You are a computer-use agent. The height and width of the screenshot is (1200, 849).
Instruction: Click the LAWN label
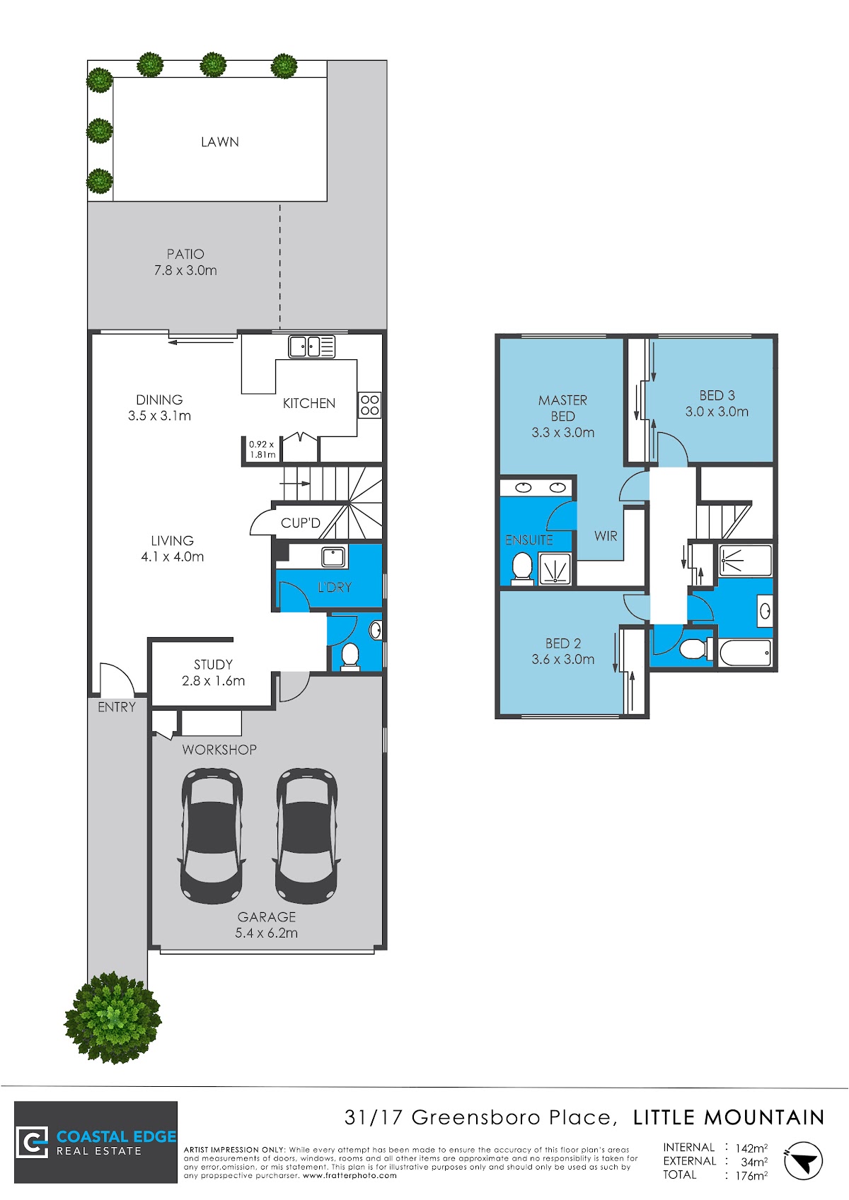click(x=220, y=142)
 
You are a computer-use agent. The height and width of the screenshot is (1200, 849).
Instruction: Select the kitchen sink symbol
click(x=311, y=346)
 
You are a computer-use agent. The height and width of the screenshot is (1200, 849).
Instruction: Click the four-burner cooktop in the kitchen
click(x=369, y=405)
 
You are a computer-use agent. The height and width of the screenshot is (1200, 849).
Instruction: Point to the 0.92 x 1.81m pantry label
click(x=262, y=450)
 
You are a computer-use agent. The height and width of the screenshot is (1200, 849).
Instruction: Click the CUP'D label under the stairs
click(x=300, y=523)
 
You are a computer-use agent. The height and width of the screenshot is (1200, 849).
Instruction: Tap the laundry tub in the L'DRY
click(x=333, y=557)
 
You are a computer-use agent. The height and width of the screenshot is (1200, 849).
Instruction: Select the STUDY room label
click(x=214, y=665)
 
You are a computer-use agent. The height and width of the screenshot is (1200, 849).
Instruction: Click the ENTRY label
click(x=116, y=707)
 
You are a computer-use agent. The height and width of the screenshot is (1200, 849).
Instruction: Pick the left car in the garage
click(x=212, y=837)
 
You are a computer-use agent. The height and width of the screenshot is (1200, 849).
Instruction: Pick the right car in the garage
click(x=306, y=837)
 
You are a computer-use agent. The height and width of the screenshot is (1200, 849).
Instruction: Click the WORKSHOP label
click(x=219, y=750)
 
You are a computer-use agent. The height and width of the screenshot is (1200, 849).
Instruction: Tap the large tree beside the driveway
click(x=113, y=1018)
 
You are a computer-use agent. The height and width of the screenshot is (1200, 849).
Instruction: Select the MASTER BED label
click(x=562, y=408)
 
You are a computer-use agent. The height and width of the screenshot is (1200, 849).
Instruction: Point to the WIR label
click(x=606, y=536)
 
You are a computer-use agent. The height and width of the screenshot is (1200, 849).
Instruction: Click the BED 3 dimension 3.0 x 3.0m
click(x=717, y=412)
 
